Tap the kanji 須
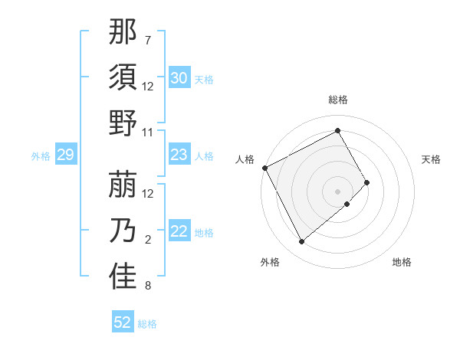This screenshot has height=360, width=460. point(123,77)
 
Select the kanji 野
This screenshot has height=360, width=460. point(123,123)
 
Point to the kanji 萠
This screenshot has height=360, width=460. point(123,185)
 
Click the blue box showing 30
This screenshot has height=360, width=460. point(179,78)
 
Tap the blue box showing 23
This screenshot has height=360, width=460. point(179,155)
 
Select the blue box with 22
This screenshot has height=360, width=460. point(179,232)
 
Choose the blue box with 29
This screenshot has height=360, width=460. point(65,155)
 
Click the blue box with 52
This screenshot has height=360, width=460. point(123,322)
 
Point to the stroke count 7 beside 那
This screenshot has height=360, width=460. point(148,39)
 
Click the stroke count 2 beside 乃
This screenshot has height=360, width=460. point(148,240)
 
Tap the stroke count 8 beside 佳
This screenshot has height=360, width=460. point(148,286)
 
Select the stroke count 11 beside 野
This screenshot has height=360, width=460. point(148,132)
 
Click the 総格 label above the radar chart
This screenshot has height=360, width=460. point(338,100)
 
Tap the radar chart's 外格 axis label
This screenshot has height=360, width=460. point(269,262)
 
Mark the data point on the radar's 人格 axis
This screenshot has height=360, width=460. point(265,168)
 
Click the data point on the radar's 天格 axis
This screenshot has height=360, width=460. point(367,182)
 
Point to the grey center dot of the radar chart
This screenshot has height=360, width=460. point(338,190)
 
